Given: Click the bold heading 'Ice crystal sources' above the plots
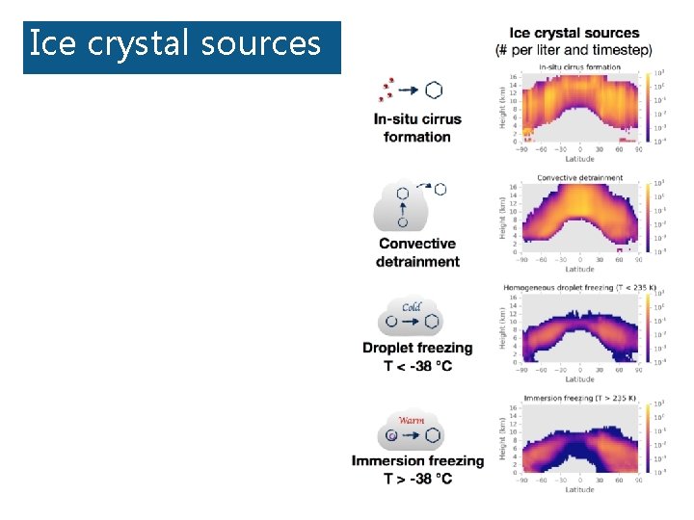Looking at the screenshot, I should click(574, 34).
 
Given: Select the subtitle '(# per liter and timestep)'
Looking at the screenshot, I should click(574, 49).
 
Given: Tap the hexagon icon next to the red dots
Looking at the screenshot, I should click(435, 90).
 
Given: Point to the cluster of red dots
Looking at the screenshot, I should click(387, 89).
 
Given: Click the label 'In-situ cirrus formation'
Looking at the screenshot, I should click(417, 127).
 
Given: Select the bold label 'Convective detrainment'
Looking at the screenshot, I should click(417, 252).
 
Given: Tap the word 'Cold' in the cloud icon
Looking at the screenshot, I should click(412, 307).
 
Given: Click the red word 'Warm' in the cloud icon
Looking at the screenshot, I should click(412, 420).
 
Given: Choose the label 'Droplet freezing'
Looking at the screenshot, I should click(417, 348).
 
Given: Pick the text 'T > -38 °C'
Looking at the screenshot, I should click(417, 479).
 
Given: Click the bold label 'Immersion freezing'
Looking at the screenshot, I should click(417, 461).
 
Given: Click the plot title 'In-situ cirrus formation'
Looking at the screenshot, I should click(579, 66).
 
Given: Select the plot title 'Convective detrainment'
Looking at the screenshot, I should click(579, 177).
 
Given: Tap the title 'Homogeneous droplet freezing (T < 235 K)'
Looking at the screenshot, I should click(579, 287).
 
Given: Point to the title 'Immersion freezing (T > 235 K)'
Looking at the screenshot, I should click(579, 398).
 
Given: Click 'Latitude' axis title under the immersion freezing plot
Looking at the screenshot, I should click(579, 489).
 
